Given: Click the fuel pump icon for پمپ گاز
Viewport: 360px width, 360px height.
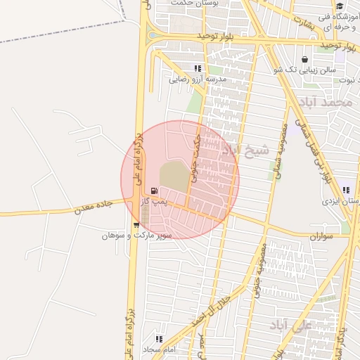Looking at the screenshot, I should tap(154, 191).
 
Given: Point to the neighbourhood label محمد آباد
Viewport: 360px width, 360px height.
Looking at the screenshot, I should tap(324, 103).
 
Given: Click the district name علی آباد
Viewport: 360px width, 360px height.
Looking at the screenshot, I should tap(290, 326).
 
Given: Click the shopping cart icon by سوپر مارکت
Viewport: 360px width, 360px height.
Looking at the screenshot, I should tap(136, 225).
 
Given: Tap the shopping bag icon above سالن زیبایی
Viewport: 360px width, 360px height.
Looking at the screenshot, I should tap(304, 60).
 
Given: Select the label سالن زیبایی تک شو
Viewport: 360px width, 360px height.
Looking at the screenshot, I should tap(304, 70).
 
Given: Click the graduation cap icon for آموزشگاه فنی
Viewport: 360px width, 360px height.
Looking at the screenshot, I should tap(340, 6).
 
